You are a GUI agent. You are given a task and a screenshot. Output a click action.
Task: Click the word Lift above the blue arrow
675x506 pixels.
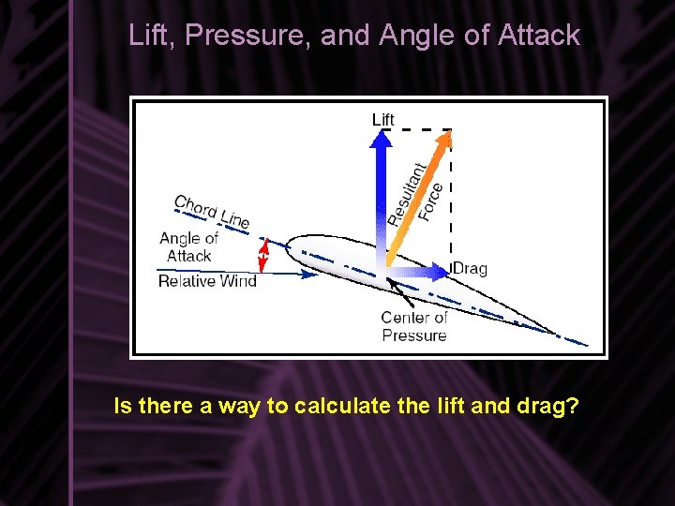pos(383,119)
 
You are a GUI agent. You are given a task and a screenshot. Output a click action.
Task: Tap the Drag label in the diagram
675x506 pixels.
pos(471,269)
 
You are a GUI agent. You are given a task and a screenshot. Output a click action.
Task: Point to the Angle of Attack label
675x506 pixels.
pos(188,247)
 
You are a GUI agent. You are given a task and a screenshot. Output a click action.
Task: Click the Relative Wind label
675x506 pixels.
pos(207,281)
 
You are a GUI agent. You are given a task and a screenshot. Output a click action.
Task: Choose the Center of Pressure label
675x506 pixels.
pos(414,326)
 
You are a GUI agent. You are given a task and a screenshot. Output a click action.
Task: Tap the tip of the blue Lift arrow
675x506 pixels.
pos(382,133)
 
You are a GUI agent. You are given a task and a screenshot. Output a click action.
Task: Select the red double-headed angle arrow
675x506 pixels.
pos(263,255)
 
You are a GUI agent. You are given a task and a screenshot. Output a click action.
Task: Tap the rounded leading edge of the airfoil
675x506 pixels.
pos(289,246)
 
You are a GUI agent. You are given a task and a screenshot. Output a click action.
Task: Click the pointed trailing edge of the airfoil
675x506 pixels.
pos(553,331)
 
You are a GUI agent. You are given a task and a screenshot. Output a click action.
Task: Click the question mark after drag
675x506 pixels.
pos(572,407)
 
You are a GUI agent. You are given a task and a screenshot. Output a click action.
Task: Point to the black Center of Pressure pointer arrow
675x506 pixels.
pos(400,294)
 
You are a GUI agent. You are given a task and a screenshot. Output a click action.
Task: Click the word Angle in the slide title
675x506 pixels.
pos(412,36)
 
